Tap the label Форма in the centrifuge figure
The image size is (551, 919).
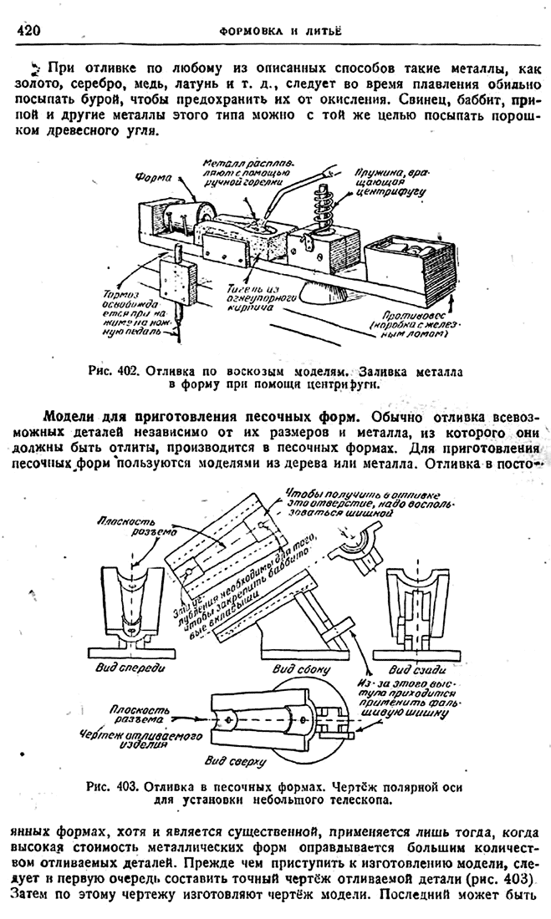153,177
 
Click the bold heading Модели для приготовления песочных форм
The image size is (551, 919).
202,417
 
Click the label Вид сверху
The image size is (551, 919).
236,761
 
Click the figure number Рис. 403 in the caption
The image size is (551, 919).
114,786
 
